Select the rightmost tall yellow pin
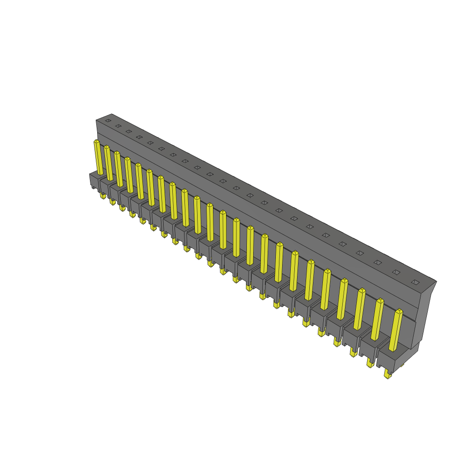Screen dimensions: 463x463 tap(395, 330)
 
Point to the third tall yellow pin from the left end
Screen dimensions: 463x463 tap(118, 169)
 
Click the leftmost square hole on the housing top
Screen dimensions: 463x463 tap(108, 120)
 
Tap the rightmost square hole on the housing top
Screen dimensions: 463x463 tap(415, 282)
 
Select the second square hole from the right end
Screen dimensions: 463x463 tap(396, 272)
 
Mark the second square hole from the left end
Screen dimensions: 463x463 tap(118, 126)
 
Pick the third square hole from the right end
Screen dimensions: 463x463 tap(378, 262)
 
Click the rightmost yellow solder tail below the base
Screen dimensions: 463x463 tap(387, 374)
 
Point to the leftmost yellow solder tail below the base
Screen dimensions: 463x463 tap(103, 196)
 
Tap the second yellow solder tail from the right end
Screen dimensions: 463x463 tap(370, 363)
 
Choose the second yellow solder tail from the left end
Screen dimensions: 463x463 tap(112, 202)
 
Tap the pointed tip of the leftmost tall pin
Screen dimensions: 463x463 tap(96, 142)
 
